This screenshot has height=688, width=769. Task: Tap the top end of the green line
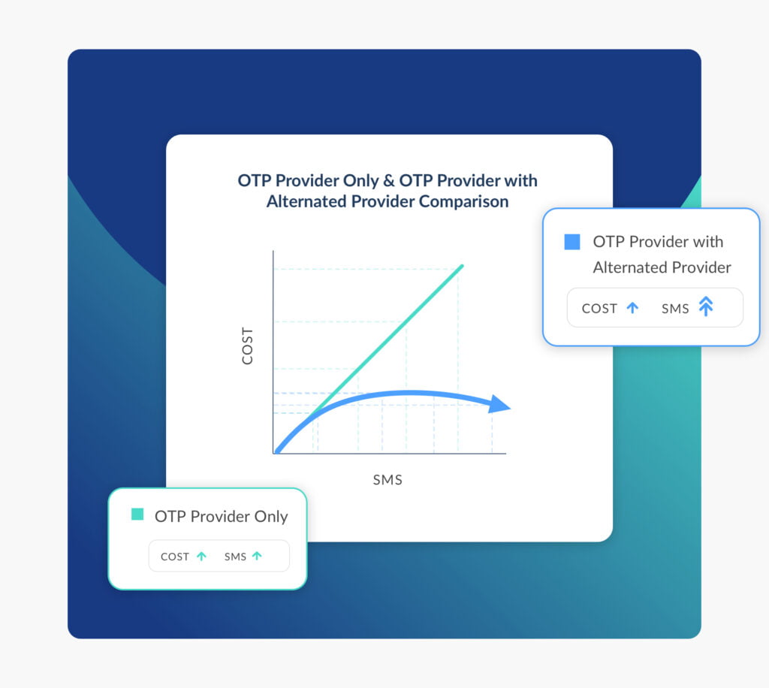462,266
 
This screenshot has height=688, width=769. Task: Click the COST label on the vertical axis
247,346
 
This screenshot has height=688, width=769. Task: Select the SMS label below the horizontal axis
388,480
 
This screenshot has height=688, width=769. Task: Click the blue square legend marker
572,242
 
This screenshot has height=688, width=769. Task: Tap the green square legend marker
137,514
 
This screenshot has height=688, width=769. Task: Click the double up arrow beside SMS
705,306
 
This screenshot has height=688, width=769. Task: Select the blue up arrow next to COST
632,307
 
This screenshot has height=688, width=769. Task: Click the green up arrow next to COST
201,557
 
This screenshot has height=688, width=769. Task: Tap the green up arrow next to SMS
257,557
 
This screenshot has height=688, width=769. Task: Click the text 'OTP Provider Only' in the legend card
221,516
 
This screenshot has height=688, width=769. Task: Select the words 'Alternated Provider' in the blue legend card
662,267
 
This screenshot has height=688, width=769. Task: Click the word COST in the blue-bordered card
599,308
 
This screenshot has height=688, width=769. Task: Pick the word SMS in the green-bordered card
235,557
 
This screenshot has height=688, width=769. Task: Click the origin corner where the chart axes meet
274,453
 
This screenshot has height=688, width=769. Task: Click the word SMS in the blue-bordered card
675,308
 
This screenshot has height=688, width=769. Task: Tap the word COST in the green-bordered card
175,557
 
